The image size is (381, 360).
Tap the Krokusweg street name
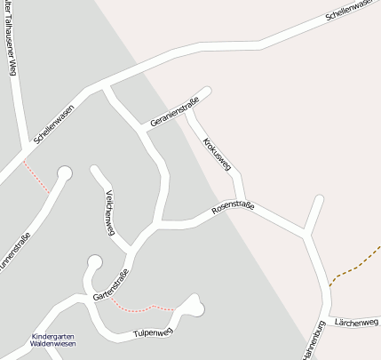click(x=217, y=154)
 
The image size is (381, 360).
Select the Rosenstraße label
click(x=233, y=210)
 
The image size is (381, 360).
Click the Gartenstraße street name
click(x=111, y=284)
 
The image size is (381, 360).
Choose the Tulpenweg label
click(x=151, y=333)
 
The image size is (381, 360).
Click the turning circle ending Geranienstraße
click(x=207, y=91)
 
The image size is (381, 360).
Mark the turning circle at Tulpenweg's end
click(x=194, y=304)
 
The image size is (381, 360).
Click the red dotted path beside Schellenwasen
click(x=37, y=176)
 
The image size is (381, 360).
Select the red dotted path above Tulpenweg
click(x=142, y=308)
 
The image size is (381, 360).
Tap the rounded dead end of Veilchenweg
click(x=94, y=169)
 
